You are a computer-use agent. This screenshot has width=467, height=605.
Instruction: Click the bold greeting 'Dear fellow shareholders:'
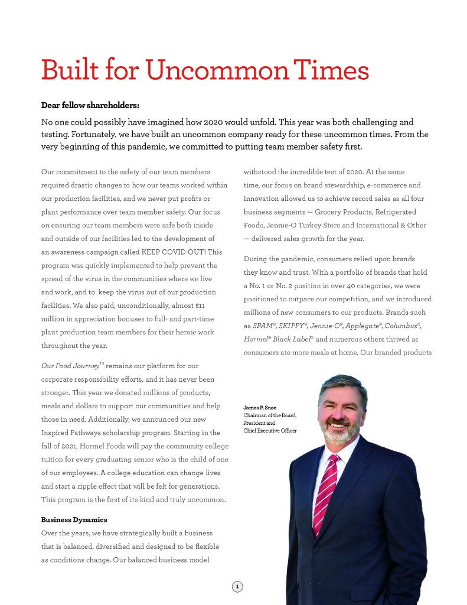click(x=90, y=106)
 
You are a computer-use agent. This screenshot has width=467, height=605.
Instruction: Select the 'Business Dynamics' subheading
click(x=74, y=519)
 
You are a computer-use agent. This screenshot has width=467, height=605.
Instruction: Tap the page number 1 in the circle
click(x=237, y=587)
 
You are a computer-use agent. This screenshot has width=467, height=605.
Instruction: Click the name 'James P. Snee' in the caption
click(x=260, y=408)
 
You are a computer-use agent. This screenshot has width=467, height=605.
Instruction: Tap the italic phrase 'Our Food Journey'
click(x=65, y=366)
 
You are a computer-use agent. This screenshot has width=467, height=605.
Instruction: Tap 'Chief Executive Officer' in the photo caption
click(x=270, y=431)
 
